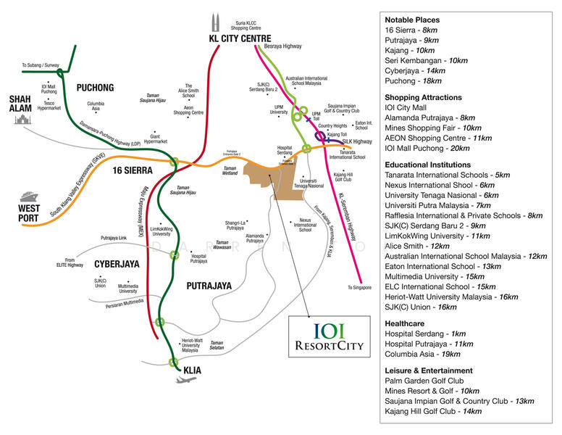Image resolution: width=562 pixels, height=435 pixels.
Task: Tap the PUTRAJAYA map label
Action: point(209,286)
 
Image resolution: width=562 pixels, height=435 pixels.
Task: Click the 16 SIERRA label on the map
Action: point(133,171)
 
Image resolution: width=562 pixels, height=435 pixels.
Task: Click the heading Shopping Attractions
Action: point(423,97)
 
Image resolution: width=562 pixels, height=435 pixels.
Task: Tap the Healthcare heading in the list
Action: point(407,322)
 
